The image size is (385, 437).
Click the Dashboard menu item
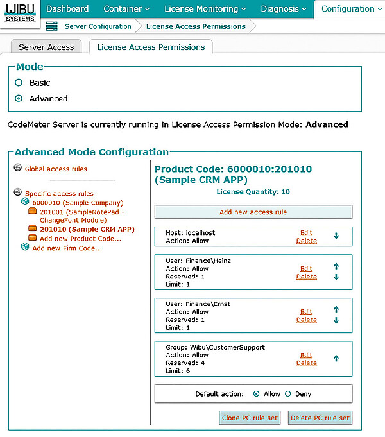[x=67, y=9]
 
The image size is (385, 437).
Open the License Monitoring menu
[x=205, y=9]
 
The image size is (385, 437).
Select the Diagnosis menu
[x=284, y=9]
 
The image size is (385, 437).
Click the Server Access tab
[x=46, y=47]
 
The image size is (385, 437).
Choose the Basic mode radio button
[x=19, y=83]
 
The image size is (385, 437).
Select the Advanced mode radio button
[x=19, y=99]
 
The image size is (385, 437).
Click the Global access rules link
[x=56, y=169]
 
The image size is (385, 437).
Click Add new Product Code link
[x=80, y=239]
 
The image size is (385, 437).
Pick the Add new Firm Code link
[x=67, y=248]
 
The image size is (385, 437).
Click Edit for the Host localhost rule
[x=306, y=232]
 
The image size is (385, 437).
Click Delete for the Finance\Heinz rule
[x=306, y=277]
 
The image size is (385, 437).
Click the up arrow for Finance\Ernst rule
[x=336, y=309]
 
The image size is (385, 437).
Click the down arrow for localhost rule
[x=336, y=236]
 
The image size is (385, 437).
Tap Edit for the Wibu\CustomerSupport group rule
[x=306, y=355]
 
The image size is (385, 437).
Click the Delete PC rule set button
[x=320, y=418]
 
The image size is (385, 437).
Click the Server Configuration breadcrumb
[x=98, y=26]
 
